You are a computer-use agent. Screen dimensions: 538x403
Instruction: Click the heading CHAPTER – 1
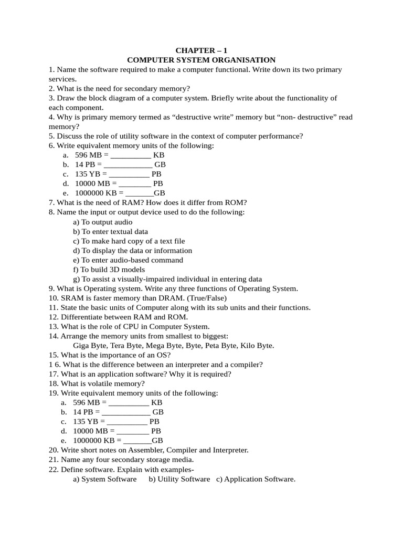[201, 50]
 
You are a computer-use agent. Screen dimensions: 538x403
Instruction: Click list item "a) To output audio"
[102, 222]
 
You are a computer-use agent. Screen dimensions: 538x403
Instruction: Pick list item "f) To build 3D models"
[109, 270]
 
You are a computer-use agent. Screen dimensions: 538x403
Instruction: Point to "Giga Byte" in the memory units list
[91, 345]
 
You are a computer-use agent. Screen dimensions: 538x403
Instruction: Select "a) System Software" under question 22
[104, 479]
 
